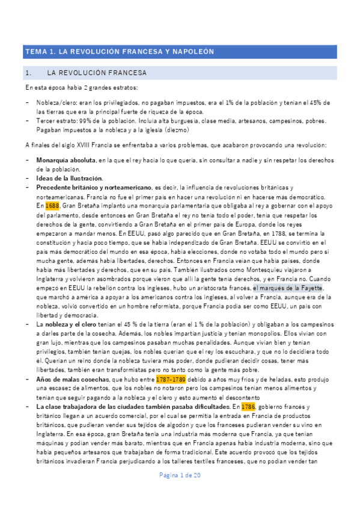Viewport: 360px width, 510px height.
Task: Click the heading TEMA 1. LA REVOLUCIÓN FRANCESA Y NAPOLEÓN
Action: click(118, 52)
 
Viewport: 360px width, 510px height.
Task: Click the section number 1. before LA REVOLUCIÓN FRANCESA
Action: click(28, 73)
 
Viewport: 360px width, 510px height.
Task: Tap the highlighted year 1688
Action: click(52, 205)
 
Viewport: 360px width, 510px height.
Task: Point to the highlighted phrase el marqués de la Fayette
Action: click(288, 288)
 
